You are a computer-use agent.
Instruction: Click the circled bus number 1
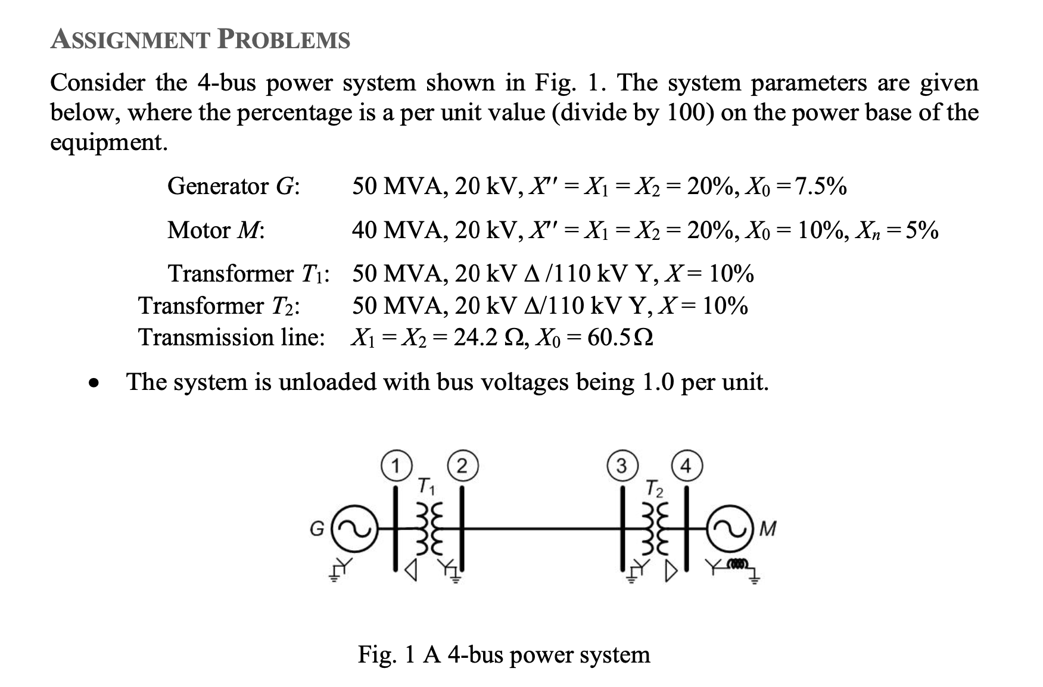[x=394, y=466]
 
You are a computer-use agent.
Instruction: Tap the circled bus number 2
[x=462, y=466]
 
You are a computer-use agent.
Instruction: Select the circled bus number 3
[x=621, y=466]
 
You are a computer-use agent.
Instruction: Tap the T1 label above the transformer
[x=426, y=486]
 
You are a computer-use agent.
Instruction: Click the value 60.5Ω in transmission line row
[x=620, y=338]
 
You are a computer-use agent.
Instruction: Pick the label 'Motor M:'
[x=216, y=230]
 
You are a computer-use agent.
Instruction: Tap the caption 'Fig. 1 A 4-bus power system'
[x=504, y=654]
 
